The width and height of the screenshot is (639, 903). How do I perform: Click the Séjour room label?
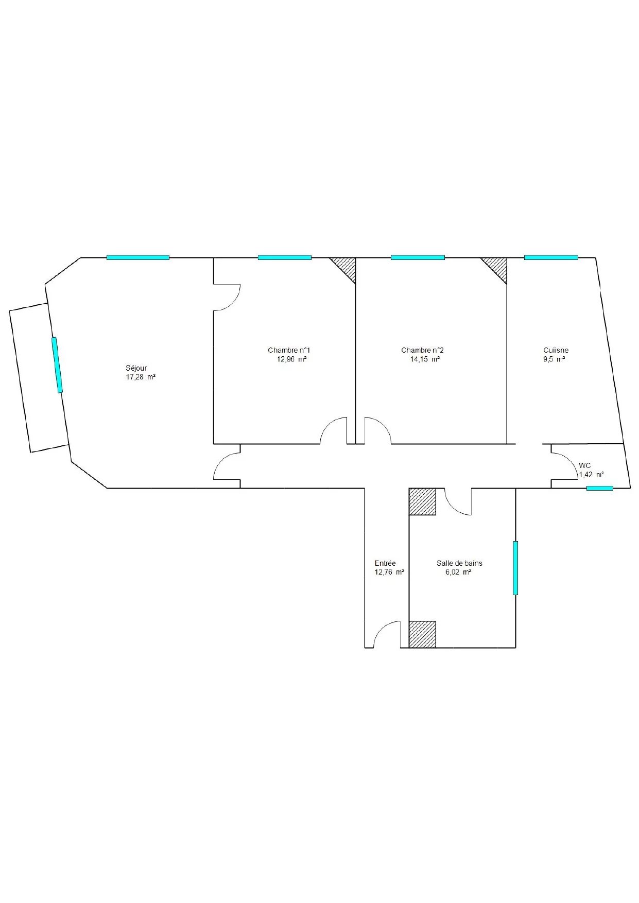pyautogui.click(x=136, y=368)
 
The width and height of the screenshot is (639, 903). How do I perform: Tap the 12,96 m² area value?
pyautogui.click(x=292, y=359)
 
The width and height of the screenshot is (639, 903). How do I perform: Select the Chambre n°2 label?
pyautogui.click(x=423, y=351)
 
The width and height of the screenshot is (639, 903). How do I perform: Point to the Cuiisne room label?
pyautogui.click(x=556, y=351)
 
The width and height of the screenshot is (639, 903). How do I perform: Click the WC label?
pyautogui.click(x=585, y=465)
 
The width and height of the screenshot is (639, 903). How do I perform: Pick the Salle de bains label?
pyautogui.click(x=459, y=563)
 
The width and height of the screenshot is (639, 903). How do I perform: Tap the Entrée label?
pyautogui.click(x=385, y=563)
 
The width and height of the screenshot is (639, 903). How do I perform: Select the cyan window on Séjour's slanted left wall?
pyautogui.click(x=57, y=365)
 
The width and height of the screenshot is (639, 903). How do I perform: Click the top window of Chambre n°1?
pyautogui.click(x=285, y=257)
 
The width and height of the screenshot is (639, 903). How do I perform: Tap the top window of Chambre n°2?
pyautogui.click(x=418, y=257)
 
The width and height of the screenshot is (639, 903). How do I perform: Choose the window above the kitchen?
pyautogui.click(x=551, y=257)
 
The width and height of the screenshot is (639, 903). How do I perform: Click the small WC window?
pyautogui.click(x=600, y=488)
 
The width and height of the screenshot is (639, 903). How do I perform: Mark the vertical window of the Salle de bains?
pyautogui.click(x=515, y=568)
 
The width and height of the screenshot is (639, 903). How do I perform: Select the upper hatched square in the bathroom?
pyautogui.click(x=422, y=501)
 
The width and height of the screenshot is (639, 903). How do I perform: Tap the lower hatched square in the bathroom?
pyautogui.click(x=422, y=634)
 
